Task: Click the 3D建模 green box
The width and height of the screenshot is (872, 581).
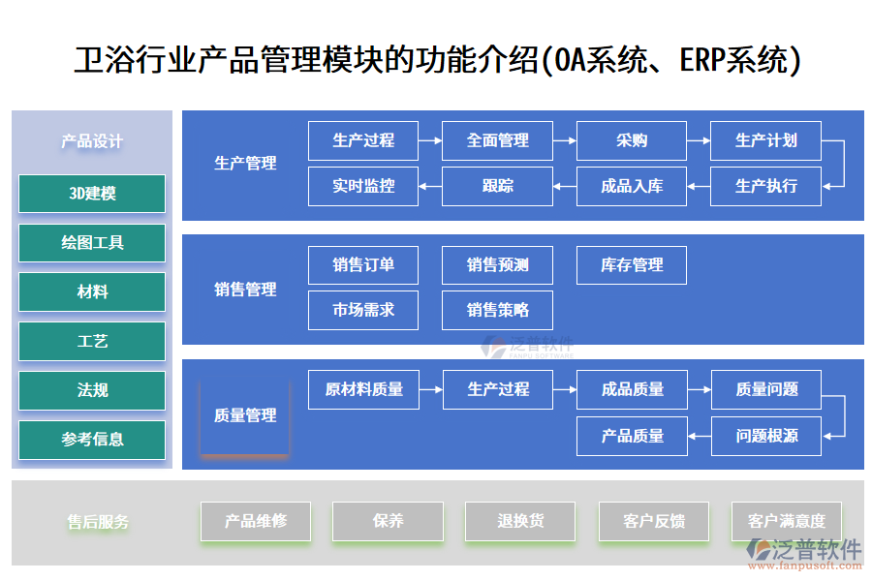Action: click(92, 194)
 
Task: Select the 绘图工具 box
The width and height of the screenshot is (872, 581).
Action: click(92, 243)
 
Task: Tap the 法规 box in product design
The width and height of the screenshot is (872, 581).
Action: click(92, 390)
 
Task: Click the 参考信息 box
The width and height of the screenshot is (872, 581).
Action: click(92, 440)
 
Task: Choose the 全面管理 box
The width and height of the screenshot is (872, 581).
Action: click(497, 140)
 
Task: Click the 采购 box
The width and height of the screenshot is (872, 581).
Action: click(631, 140)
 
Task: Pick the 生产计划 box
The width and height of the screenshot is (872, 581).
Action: click(765, 140)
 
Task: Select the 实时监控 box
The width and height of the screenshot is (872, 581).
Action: click(363, 186)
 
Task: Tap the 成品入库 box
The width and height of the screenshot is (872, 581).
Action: click(631, 186)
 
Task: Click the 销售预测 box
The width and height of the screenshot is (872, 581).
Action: click(497, 265)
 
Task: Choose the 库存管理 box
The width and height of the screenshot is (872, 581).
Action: click(631, 265)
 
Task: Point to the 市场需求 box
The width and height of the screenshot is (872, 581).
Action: click(363, 310)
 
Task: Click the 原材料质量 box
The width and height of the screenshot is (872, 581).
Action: click(363, 389)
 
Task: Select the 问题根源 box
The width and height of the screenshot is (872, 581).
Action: click(765, 436)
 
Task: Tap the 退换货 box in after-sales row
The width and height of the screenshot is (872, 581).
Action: click(520, 521)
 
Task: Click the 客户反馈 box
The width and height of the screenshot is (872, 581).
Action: click(654, 521)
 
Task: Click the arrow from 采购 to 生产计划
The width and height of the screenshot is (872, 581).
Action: click(699, 141)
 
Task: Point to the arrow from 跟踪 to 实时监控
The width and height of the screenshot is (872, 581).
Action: click(430, 186)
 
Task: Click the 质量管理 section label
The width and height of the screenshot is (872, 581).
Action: click(245, 415)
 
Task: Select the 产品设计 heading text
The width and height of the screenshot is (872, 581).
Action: click(92, 141)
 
